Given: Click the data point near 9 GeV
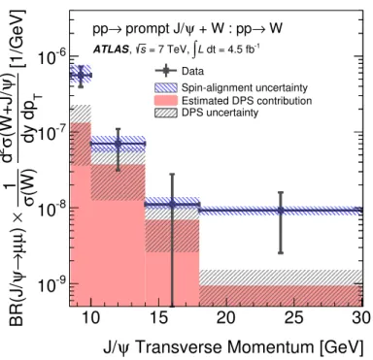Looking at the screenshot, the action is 81,75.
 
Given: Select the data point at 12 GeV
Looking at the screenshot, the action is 119,144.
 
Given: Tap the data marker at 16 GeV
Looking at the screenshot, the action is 172,205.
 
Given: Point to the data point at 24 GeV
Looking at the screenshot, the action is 281,211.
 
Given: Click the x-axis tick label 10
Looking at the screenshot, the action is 91,318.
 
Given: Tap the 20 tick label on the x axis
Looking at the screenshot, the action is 226,318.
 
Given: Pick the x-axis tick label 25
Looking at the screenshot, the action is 293,318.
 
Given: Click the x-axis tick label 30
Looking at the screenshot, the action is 361,318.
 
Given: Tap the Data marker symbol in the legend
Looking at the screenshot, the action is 166,71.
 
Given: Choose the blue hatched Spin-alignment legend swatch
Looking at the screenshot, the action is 166,87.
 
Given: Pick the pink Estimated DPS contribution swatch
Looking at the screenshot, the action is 166,100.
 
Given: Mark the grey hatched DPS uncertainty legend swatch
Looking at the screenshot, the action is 166,113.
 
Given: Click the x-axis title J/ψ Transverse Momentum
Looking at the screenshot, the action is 209,347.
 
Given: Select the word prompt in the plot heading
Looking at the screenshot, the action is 145,30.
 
